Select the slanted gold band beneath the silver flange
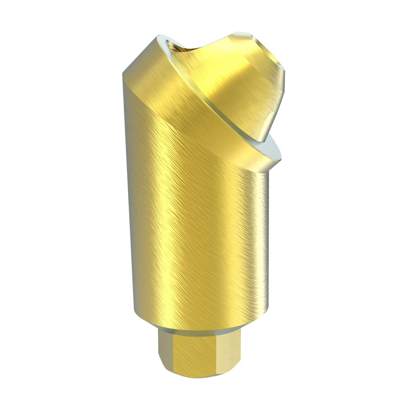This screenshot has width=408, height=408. click(x=181, y=102)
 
